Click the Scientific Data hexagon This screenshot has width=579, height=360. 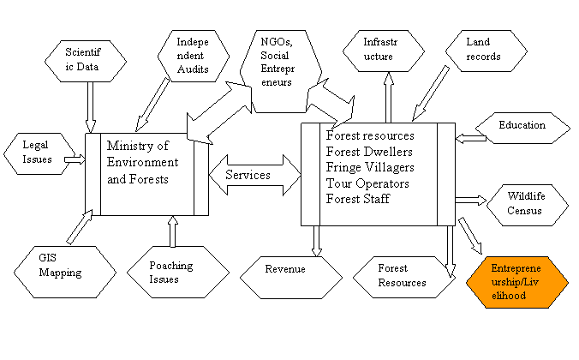(89, 61)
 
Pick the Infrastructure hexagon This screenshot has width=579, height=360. (384, 50)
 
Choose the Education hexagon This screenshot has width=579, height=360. (522, 126)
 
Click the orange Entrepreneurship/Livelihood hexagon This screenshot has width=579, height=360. (517, 281)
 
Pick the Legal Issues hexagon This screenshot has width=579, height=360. (37, 153)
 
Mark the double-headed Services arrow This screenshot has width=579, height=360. (253, 176)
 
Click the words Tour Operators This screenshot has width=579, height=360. (367, 183)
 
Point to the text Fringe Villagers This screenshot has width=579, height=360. (370, 167)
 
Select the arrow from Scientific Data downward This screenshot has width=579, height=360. (90, 106)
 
